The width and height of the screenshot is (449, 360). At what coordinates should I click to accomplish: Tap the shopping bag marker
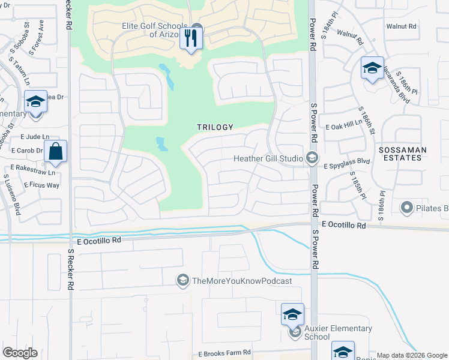click(x=55, y=152)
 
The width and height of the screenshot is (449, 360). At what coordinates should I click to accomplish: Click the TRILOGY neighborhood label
click(x=214, y=127)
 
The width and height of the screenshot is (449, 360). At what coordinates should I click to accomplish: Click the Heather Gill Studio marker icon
click(x=312, y=158)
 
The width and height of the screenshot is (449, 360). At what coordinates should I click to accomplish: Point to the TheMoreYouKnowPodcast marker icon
click(x=182, y=280)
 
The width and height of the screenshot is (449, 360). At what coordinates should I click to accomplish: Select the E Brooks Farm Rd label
click(x=224, y=354)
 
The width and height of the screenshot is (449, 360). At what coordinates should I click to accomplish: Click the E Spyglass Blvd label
click(x=347, y=162)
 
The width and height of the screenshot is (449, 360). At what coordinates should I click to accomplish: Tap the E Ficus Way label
click(x=41, y=185)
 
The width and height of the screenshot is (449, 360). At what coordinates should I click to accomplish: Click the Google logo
click(x=20, y=353)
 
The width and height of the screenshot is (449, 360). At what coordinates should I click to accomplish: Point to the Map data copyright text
click(x=412, y=355)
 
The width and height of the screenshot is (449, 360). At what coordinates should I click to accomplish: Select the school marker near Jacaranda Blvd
click(x=372, y=69)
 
